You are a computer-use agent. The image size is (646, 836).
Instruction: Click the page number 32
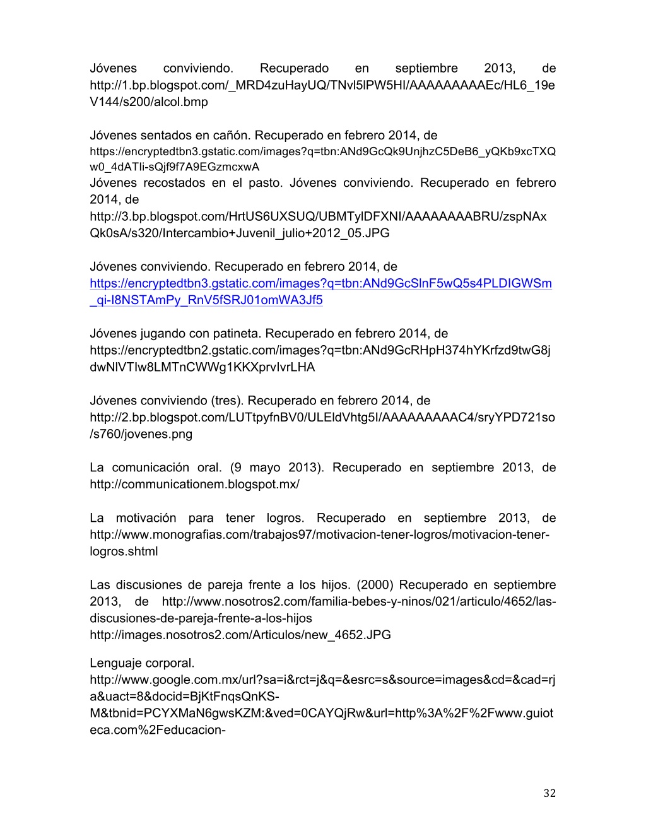pyautogui.click(x=549, y=793)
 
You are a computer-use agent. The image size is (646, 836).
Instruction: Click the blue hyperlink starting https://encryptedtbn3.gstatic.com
pyautogui.click(x=320, y=283)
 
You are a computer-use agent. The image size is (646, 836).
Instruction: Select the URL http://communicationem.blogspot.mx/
pyautogui.click(x=194, y=484)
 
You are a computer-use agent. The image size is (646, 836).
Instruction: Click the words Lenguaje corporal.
pyautogui.click(x=142, y=662)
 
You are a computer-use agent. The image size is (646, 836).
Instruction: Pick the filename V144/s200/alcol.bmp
pyautogui.click(x=149, y=102)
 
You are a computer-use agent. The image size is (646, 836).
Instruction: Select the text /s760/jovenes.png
pyautogui.click(x=141, y=433)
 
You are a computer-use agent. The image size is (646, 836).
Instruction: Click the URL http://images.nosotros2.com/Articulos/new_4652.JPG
pyautogui.click(x=240, y=635)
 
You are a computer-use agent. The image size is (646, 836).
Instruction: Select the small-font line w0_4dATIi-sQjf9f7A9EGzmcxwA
pyautogui.click(x=175, y=167)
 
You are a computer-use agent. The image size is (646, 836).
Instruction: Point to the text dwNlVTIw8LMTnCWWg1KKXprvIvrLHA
pyautogui.click(x=203, y=367)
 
